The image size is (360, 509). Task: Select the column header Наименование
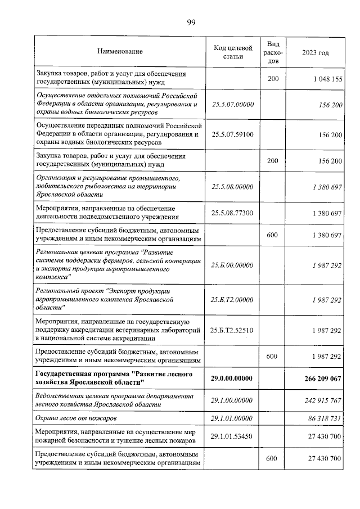tap(120, 52)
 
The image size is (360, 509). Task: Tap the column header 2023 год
tap(315, 52)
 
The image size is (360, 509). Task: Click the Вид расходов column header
tap(273, 52)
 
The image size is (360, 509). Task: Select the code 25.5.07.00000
tap(232, 105)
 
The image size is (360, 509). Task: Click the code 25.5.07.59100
tap(232, 135)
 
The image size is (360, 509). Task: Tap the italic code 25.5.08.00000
tap(232, 187)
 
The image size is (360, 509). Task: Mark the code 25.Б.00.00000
tap(232, 265)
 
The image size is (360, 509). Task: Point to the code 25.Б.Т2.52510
tap(232, 331)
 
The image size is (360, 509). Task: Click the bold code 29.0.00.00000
tap(232, 379)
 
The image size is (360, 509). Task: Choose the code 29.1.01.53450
tap(232, 436)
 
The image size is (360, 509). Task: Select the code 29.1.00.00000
tap(232, 400)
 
